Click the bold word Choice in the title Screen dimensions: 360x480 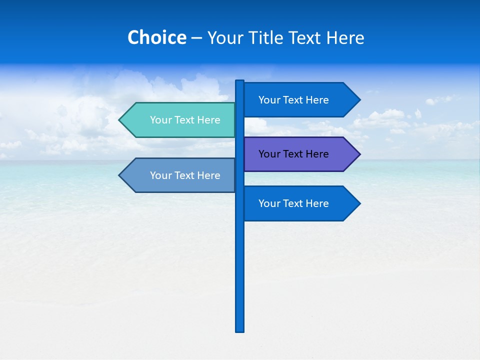(156, 37)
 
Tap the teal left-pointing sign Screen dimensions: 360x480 (180, 120)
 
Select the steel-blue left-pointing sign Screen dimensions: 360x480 (180, 175)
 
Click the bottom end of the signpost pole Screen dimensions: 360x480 (240, 330)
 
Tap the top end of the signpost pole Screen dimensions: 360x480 (240, 81)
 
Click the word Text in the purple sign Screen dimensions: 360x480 (293, 154)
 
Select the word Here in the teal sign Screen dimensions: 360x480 (208, 120)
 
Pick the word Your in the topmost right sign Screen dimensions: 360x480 (269, 100)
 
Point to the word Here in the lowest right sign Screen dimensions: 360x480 (316, 203)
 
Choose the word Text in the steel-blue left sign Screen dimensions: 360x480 (185, 175)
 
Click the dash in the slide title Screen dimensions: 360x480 (196, 38)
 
